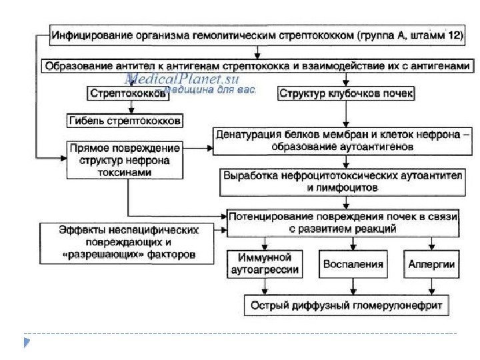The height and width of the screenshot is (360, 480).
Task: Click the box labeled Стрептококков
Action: pos(126,95)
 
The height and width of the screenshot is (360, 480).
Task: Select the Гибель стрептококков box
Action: pos(124,121)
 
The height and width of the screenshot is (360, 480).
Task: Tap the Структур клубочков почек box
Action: pos(346,94)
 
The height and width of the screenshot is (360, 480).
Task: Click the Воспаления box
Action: pos(353,265)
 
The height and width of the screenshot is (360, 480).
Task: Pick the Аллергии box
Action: pos(431,265)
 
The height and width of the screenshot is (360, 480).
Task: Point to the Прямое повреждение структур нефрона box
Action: pos(125,159)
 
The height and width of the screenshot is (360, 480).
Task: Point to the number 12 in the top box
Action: pos(452,35)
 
